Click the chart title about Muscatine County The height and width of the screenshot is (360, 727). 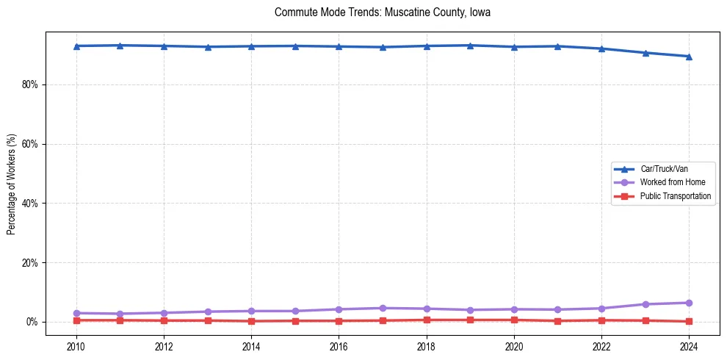point(382,12)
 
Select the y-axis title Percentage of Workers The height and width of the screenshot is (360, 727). point(12,184)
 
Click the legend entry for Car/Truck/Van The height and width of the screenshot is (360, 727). point(663,169)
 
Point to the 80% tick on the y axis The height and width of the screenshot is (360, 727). point(28,85)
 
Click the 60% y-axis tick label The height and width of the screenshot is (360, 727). point(28,144)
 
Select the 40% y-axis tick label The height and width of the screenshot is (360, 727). point(28,204)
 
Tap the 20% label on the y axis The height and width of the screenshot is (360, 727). point(28,263)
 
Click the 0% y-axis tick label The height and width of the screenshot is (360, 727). point(30,322)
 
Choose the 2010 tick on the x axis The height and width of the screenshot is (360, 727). point(76,346)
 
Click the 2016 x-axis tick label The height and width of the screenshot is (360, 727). point(339,346)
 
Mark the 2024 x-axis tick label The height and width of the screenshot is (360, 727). point(689,346)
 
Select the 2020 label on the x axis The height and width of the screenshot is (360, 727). point(514,346)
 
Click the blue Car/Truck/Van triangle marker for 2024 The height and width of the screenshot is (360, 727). point(689,57)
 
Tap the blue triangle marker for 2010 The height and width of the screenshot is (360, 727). point(76,46)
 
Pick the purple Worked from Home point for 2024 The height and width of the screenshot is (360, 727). point(689,303)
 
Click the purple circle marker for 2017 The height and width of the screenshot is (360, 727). point(383,308)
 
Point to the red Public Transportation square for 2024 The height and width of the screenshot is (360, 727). point(689,321)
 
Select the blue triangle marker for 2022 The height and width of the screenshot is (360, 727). point(601,48)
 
